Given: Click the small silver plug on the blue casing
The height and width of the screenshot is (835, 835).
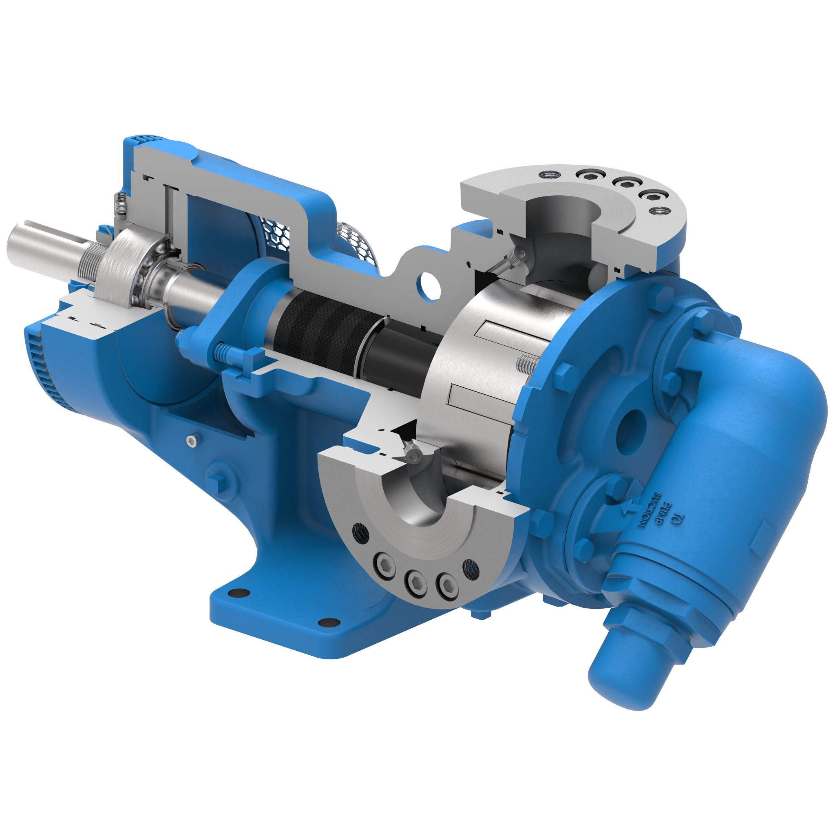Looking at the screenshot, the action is tap(192, 440).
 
